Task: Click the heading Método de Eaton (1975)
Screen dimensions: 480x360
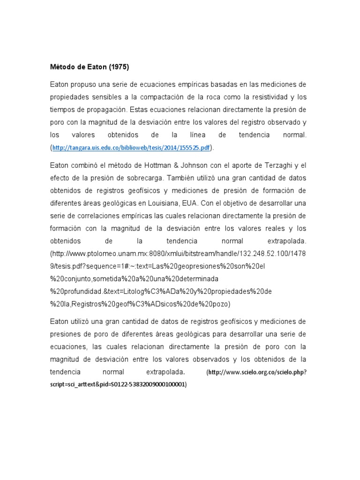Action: [x=89, y=67]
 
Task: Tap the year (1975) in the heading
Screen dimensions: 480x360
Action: [x=118, y=67]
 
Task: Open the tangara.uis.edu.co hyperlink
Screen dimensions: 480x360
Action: [x=132, y=148]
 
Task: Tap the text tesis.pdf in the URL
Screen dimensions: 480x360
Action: [x=66, y=266]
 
